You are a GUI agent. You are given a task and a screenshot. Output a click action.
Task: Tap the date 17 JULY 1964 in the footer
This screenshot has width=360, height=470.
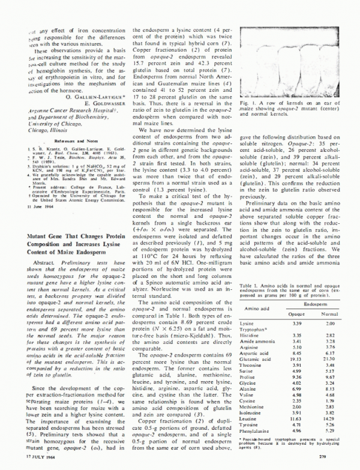[27, 459]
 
